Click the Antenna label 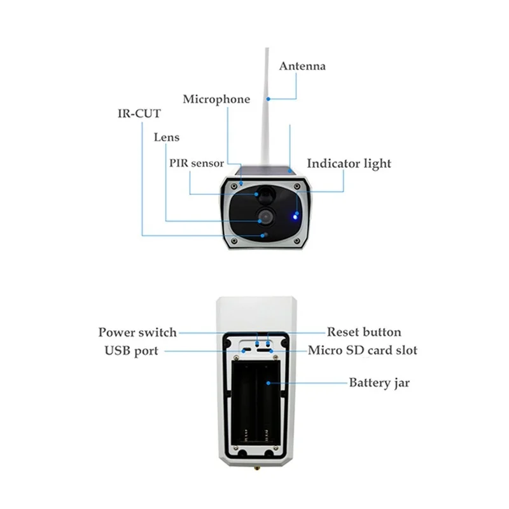pos(302,66)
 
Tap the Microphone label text pos(216,99)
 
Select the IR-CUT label pos(138,115)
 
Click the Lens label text pos(166,137)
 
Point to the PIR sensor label pos(197,163)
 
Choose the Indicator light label pos(349,164)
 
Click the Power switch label pos(137,332)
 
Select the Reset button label pos(364,332)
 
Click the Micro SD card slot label pos(363,351)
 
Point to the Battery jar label pos(379,383)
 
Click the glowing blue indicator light pos(294,214)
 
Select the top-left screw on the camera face pos(235,185)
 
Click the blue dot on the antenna pos(269,99)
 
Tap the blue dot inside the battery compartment pos(270,383)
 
